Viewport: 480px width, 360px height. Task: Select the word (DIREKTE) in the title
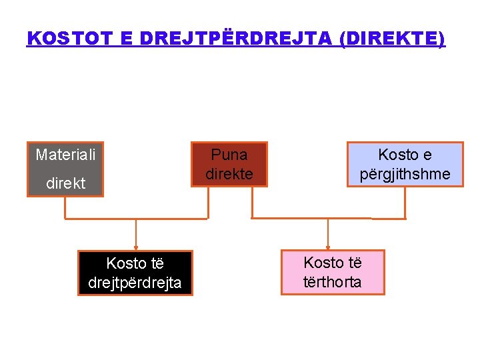392,38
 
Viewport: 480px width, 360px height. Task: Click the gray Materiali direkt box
65,169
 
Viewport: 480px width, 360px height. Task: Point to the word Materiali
65,155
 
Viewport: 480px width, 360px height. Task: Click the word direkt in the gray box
65,183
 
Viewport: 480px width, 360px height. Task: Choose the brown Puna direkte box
229,165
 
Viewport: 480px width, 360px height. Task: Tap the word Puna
229,155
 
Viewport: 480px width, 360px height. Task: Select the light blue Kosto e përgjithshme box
405,165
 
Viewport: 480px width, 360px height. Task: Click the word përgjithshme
405,175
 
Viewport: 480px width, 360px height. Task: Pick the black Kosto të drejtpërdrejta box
135,273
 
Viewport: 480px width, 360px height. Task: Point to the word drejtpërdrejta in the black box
135,283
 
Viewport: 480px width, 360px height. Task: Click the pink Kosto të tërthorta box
333,272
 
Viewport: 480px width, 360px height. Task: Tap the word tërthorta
333,282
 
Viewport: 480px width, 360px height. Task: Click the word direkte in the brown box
229,175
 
